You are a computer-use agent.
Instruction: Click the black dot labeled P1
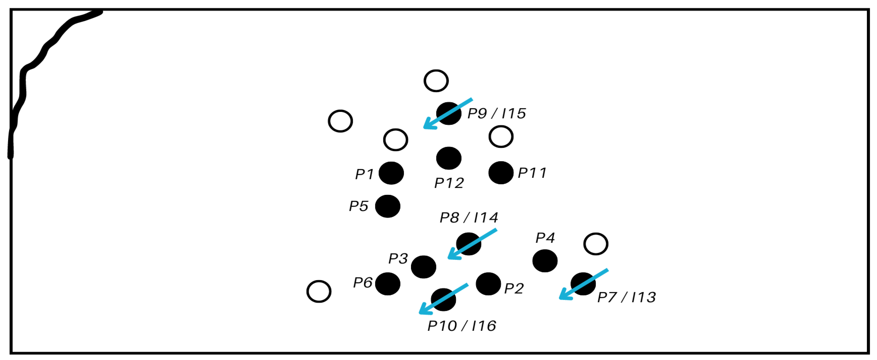pyautogui.click(x=391, y=173)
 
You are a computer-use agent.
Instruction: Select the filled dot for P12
pyautogui.click(x=449, y=158)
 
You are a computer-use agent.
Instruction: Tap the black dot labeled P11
pyautogui.click(x=501, y=173)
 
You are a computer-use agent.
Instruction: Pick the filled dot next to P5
pyautogui.click(x=387, y=206)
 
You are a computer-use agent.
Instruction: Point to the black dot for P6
pyautogui.click(x=387, y=284)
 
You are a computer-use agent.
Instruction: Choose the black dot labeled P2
pyautogui.click(x=488, y=284)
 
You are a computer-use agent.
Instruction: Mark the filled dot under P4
pyautogui.click(x=545, y=261)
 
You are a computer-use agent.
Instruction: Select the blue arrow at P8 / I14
pyautogui.click(x=472, y=244)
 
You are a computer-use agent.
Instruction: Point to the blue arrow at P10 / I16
pyautogui.click(x=443, y=299)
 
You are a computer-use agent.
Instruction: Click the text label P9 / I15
pyautogui.click(x=496, y=113)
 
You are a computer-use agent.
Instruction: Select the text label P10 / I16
pyautogui.click(x=461, y=326)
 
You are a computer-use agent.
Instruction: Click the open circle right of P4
pyautogui.click(x=596, y=244)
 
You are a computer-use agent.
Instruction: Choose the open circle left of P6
pyautogui.click(x=319, y=291)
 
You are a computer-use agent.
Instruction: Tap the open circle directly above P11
pyautogui.click(x=501, y=136)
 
